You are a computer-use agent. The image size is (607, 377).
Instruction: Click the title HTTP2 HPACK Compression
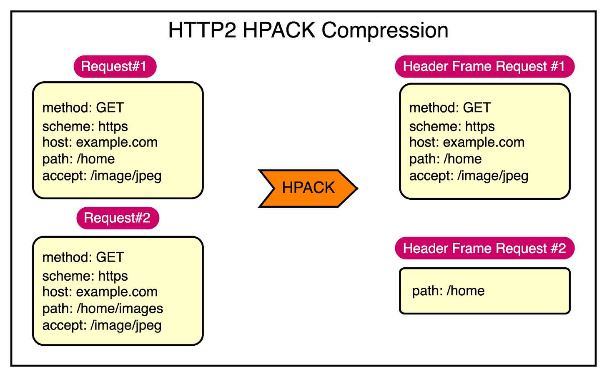tap(308, 30)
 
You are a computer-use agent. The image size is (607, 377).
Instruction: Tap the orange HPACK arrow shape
tap(308, 188)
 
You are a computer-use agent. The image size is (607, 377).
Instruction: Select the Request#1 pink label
tap(115, 66)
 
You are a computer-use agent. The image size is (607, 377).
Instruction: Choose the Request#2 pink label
tap(118, 218)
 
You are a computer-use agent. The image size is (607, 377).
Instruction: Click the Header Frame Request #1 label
tap(484, 66)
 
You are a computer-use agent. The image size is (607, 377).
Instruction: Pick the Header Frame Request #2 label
tap(484, 249)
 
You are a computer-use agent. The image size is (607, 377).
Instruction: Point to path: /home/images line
tap(103, 309)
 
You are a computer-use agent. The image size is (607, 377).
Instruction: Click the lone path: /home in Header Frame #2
tap(448, 291)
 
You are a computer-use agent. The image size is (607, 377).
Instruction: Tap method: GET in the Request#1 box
tap(83, 108)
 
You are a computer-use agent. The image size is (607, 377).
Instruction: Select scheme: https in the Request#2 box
tap(85, 276)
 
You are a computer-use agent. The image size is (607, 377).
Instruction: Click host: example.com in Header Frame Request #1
tap(467, 142)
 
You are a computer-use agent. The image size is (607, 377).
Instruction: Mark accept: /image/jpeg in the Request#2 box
tap(102, 325)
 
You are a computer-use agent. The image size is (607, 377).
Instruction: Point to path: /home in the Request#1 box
tap(78, 159)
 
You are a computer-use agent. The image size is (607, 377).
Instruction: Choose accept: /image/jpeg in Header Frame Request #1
tap(469, 176)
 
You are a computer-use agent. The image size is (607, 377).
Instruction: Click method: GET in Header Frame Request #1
tap(450, 108)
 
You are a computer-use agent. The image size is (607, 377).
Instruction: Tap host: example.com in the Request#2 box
tap(100, 292)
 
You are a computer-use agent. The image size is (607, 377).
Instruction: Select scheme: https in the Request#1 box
tap(85, 126)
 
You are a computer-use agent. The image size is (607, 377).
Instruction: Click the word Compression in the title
tap(384, 30)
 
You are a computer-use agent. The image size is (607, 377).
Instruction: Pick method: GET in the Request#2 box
tap(83, 257)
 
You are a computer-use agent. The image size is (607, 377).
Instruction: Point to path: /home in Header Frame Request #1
tap(445, 159)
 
